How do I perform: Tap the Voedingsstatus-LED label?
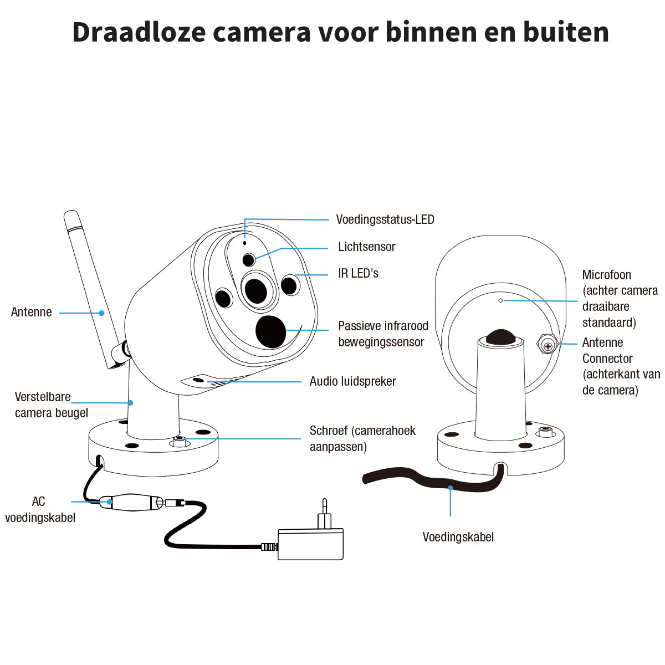(x=385, y=219)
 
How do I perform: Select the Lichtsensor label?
(x=366, y=247)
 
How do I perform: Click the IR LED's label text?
(x=358, y=273)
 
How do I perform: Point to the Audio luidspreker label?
(x=352, y=381)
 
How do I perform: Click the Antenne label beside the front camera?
(x=31, y=312)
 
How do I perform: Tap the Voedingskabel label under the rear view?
(x=458, y=537)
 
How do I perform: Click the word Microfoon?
(x=606, y=275)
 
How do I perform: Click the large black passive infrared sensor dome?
(x=270, y=331)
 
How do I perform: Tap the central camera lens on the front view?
(x=256, y=290)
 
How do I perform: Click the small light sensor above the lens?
(x=249, y=259)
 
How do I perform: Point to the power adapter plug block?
(x=310, y=544)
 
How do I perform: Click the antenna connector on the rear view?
(x=548, y=346)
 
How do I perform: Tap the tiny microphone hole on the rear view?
(x=500, y=300)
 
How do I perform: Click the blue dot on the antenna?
(x=102, y=313)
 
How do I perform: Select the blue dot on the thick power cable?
(x=451, y=488)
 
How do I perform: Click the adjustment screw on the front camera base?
(x=180, y=441)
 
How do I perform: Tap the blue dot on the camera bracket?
(x=131, y=403)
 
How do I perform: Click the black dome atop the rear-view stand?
(x=500, y=337)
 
